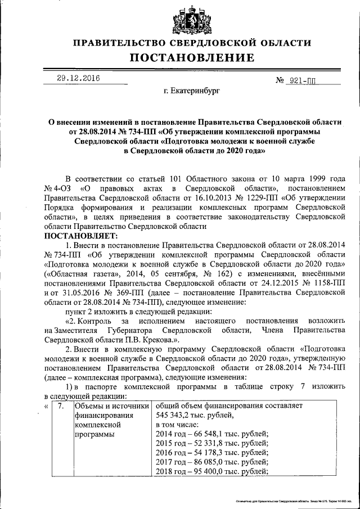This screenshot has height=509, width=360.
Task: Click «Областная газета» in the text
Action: pos(76,273)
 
